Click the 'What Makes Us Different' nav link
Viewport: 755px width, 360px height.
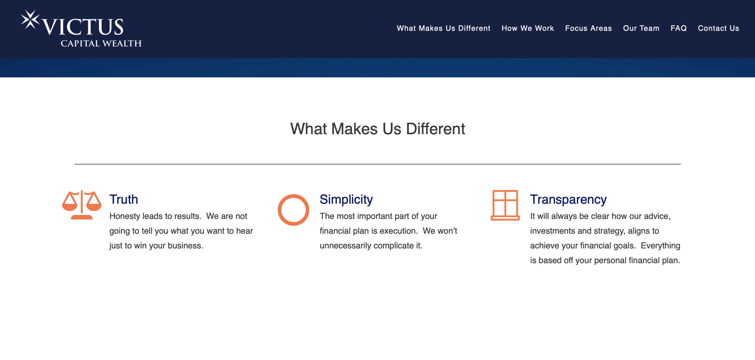tap(444, 28)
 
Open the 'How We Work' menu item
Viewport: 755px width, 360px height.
tap(527, 28)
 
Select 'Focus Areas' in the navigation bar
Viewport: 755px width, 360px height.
tap(588, 28)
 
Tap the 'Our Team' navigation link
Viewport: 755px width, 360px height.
tap(641, 28)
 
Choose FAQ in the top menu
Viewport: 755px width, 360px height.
tap(678, 28)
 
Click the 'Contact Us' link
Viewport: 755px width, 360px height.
tap(718, 28)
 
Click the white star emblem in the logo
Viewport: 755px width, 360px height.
tap(30, 20)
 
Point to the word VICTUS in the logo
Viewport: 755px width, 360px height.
tap(83, 27)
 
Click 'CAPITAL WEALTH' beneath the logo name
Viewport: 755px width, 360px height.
tap(101, 43)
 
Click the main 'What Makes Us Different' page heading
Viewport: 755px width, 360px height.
tap(377, 129)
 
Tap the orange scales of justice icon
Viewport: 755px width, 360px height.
tap(82, 205)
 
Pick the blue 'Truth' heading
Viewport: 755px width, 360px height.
tap(124, 199)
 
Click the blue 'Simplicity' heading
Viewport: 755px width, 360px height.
tap(346, 199)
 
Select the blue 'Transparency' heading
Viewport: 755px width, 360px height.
tap(568, 199)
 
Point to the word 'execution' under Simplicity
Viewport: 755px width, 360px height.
tap(398, 231)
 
